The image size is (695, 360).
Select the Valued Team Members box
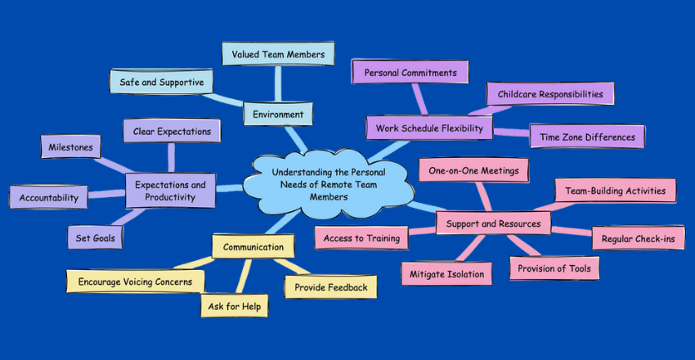278,55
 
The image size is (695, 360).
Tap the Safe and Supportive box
162,83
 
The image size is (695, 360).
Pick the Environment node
277,115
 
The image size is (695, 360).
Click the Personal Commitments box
410,73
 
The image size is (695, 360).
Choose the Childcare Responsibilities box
550,94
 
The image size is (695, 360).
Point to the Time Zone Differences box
587,137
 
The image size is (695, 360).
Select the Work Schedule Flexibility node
429,128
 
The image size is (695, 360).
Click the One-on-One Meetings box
474,169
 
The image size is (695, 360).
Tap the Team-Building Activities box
615,191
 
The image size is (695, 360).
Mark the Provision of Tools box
554,268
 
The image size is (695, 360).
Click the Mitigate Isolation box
446,274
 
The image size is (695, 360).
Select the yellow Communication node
253,246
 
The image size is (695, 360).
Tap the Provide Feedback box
330,286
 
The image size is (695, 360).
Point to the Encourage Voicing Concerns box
135,281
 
